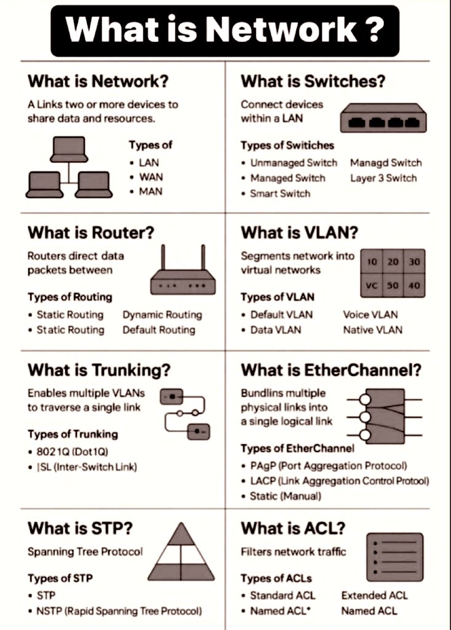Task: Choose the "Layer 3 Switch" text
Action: tap(383, 178)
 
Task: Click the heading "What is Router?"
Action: tap(91, 233)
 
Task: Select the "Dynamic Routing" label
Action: tap(162, 315)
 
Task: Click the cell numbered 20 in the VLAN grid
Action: tap(393, 262)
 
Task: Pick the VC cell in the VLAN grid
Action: tap(372, 285)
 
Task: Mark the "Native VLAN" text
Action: tap(373, 330)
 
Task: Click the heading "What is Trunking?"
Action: tap(99, 370)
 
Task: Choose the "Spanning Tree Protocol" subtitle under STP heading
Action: tap(85, 552)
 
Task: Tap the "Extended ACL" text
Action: tap(374, 596)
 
